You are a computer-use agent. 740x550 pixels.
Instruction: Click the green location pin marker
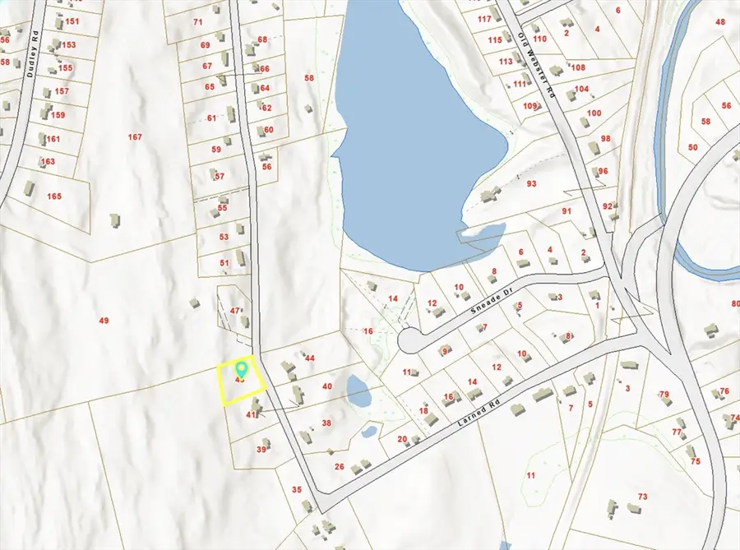click(242, 368)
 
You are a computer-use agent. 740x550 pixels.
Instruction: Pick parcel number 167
click(136, 136)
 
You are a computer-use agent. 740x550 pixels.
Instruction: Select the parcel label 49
click(104, 320)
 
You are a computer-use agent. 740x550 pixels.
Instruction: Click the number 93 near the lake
click(532, 184)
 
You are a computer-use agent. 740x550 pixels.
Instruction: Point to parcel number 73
click(643, 497)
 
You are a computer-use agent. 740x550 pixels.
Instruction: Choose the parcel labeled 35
click(297, 490)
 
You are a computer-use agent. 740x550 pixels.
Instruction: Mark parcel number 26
click(339, 466)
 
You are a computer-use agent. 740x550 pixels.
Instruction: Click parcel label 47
click(234, 310)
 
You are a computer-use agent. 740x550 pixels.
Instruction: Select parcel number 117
click(484, 18)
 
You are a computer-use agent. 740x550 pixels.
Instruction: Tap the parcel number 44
click(310, 358)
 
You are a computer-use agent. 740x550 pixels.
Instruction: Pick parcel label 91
click(566, 211)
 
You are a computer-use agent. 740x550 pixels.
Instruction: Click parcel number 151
click(73, 21)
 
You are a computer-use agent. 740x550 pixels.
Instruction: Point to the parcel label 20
click(402, 438)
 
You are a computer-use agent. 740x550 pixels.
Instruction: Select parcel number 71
click(197, 21)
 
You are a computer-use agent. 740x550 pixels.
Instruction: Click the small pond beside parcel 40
click(358, 391)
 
